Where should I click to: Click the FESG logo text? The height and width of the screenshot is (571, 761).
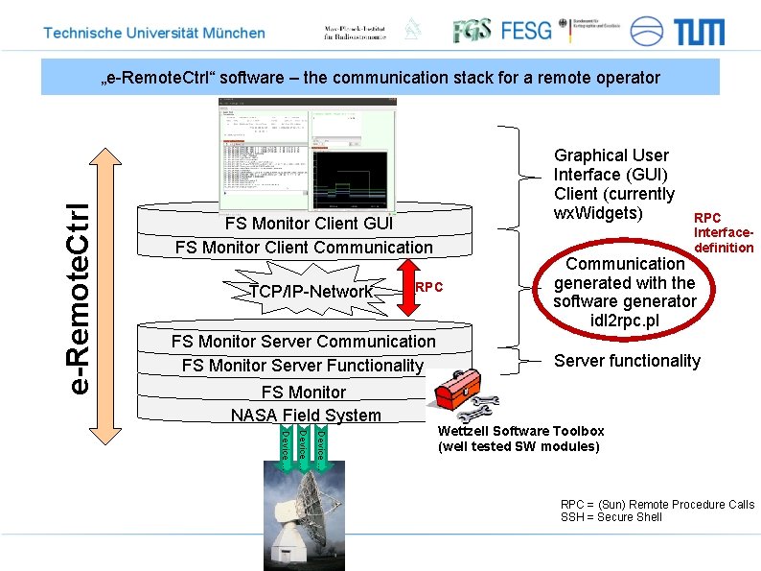click(526, 31)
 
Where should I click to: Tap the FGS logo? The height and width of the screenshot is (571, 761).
click(471, 31)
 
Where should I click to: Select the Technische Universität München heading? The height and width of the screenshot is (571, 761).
click(154, 33)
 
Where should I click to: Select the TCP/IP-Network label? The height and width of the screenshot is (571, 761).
click(310, 292)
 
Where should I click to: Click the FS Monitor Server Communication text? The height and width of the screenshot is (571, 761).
click(303, 342)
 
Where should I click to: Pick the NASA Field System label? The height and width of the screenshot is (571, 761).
click(306, 416)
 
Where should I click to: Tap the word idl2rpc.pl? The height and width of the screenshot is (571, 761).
click(625, 321)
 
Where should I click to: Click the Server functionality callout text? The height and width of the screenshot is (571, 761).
click(627, 361)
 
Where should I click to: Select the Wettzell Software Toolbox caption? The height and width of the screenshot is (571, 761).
click(520, 431)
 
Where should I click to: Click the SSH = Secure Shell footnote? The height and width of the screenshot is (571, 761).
click(611, 517)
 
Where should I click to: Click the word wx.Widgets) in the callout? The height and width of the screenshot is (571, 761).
click(598, 212)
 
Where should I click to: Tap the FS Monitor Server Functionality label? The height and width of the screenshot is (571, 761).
click(302, 366)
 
